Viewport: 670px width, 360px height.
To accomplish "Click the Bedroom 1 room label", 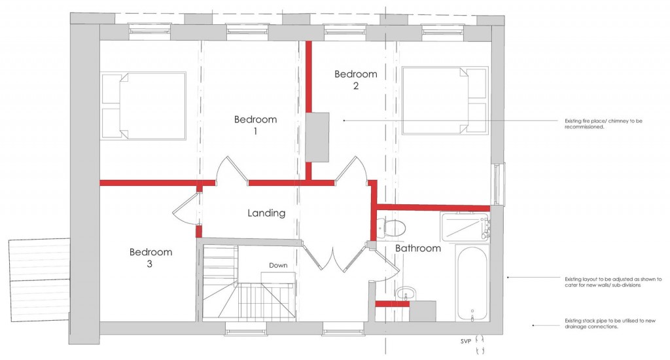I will pos(255,125).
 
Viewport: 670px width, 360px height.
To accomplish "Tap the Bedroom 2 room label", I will pos(355,80).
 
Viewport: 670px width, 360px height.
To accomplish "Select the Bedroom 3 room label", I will pos(150,258).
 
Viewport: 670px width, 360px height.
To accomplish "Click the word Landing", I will pos(266,213).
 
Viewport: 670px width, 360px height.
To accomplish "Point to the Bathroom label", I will pos(417,248).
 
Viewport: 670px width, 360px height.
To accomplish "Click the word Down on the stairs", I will pos(278,265).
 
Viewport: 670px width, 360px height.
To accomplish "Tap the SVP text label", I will pos(466,341).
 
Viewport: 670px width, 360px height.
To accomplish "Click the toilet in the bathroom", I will pos(393,228).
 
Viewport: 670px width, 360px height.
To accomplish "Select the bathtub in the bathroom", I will pos(471,283).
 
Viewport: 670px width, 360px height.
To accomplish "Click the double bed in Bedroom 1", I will pos(143,105).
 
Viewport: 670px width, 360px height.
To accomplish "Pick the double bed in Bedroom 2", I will pos(445,100).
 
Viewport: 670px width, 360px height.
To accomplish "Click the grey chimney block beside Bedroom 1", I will pos(317,136).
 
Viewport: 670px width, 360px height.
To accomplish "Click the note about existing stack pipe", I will pos(591,323).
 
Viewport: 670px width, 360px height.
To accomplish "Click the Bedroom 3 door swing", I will pos(184,210).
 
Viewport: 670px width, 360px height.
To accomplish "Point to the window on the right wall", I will pos(500,184).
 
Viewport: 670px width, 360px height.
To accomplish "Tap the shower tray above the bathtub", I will pos(466,226).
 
